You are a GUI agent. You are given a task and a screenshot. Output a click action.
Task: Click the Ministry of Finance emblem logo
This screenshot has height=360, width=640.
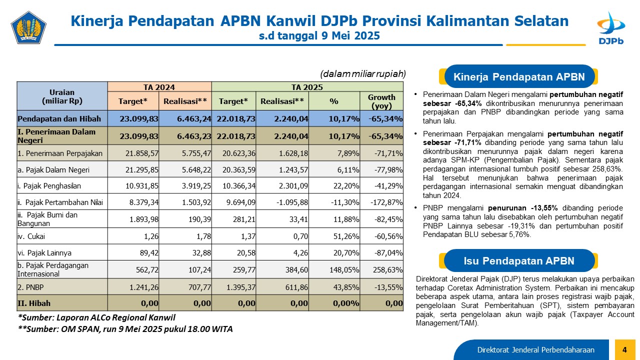(x=28, y=27)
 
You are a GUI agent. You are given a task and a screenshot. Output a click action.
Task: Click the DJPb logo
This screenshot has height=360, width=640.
(x=611, y=28)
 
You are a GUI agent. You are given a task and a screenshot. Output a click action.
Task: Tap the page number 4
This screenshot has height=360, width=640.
(x=624, y=349)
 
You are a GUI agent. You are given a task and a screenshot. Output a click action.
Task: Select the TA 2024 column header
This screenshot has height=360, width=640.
(x=159, y=87)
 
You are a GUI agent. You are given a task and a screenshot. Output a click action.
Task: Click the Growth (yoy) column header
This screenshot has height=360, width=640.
(x=381, y=101)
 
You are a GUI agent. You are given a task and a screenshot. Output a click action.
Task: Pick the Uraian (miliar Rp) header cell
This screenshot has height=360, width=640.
(x=62, y=96)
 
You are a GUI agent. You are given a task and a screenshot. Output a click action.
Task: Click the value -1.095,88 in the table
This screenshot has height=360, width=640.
(x=292, y=202)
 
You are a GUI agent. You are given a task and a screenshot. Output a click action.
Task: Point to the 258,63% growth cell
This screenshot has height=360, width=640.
(x=387, y=269)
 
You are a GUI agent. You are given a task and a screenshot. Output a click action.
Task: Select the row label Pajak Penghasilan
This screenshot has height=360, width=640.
(x=49, y=186)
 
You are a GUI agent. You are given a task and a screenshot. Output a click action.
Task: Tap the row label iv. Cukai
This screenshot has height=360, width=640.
(x=31, y=236)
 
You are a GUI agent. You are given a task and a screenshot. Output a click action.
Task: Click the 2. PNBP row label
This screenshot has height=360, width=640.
(x=30, y=287)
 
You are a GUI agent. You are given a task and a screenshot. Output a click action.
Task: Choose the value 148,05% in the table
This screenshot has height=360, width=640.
(x=344, y=269)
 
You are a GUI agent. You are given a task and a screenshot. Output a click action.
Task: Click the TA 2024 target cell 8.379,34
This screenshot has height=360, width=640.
(x=143, y=202)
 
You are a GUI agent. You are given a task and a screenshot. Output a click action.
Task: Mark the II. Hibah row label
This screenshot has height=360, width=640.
(x=34, y=303)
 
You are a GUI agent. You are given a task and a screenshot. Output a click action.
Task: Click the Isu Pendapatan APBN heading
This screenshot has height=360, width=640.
(x=518, y=261)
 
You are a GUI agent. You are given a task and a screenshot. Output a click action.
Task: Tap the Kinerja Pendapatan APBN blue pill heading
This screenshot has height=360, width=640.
(x=519, y=76)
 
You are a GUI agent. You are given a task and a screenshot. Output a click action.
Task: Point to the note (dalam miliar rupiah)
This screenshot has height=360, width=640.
(x=363, y=74)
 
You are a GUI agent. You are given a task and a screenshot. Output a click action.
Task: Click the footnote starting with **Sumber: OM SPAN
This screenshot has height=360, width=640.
(x=125, y=329)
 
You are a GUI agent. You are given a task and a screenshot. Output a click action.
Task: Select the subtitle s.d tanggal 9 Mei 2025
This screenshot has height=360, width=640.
(x=319, y=35)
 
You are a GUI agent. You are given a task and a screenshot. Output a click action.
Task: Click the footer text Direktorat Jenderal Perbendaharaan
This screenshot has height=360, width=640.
(x=535, y=349)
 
